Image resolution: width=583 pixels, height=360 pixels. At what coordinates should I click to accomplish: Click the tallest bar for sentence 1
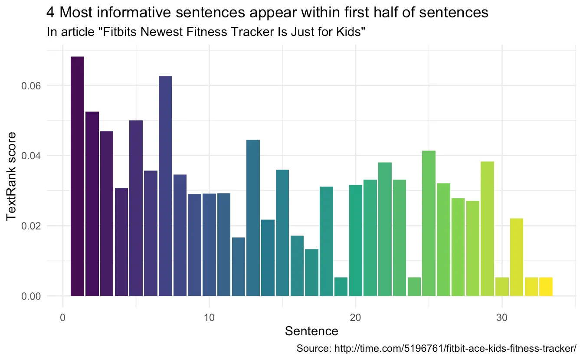[77, 176]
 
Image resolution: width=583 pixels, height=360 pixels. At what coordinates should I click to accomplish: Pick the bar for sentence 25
[429, 223]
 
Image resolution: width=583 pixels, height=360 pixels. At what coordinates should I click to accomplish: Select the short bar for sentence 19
[341, 287]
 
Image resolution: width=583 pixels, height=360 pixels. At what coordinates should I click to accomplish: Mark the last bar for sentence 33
[546, 287]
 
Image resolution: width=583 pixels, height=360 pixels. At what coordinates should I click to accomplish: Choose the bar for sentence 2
[92, 204]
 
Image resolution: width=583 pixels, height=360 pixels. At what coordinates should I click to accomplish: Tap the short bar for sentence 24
[414, 287]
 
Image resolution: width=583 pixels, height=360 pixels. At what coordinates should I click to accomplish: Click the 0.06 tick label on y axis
[31, 85]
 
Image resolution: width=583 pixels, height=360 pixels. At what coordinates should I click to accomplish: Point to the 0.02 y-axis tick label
[31, 226]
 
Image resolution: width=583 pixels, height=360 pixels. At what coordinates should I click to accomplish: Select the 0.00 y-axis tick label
[31, 296]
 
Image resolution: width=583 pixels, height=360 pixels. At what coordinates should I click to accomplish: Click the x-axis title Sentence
[311, 332]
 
